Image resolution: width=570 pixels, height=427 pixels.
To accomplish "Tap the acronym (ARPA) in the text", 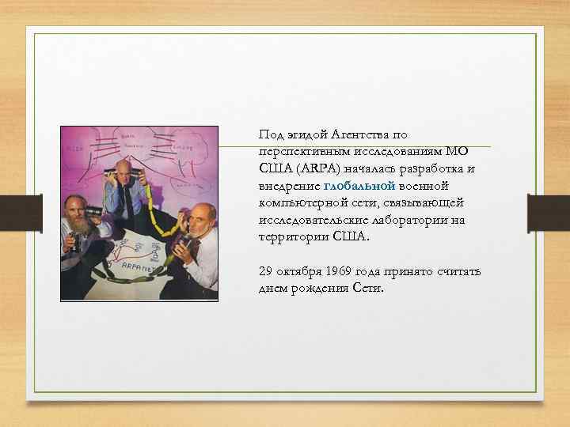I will pos(316,168).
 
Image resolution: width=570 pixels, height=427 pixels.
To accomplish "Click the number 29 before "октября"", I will pos(266,272).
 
